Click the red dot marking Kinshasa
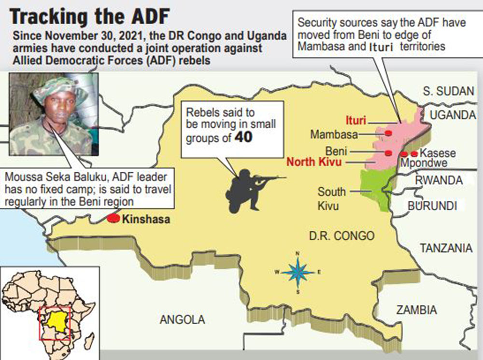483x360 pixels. (113, 218)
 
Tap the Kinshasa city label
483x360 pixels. (146, 220)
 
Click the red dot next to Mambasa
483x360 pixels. (388, 133)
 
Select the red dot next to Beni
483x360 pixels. (388, 153)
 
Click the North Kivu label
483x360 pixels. (314, 162)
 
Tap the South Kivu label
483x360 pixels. (331, 199)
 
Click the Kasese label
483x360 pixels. (438, 153)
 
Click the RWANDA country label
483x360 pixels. (439, 180)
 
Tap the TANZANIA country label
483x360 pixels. (446, 249)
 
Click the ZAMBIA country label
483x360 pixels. (416, 310)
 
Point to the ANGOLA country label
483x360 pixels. (182, 319)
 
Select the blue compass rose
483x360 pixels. (298, 273)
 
